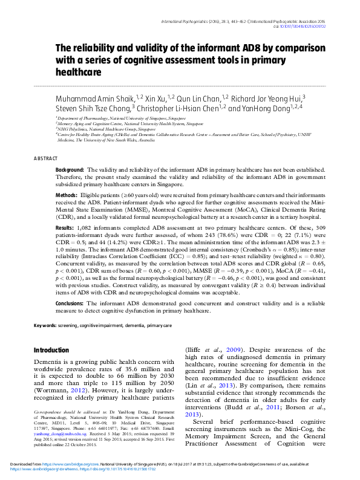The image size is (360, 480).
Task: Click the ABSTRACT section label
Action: click(x=46, y=158)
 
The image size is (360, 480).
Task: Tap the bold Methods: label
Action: click(x=66, y=196)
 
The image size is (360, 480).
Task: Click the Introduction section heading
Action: click(x=51, y=350)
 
